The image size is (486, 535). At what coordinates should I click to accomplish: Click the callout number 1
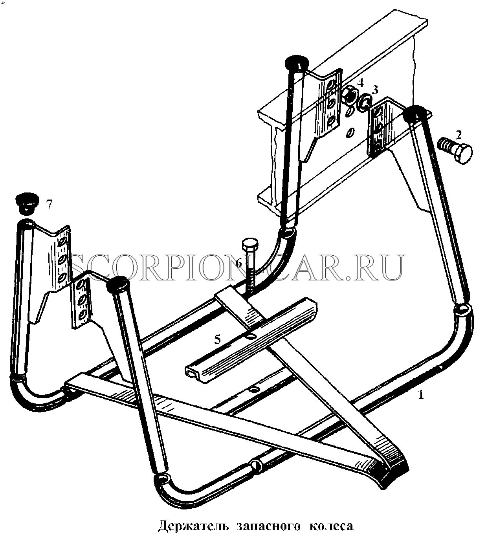click(x=421, y=394)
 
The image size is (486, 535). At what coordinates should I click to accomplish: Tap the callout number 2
click(x=458, y=136)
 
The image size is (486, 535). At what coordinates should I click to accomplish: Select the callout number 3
click(x=375, y=90)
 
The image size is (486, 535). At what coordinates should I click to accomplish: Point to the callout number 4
click(x=360, y=83)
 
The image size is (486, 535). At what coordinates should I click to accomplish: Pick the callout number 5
click(x=218, y=339)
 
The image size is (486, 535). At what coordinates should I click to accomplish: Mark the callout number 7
click(x=48, y=204)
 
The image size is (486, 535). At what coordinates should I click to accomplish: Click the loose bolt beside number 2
click(x=455, y=151)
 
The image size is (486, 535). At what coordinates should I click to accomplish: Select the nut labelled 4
click(x=349, y=96)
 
